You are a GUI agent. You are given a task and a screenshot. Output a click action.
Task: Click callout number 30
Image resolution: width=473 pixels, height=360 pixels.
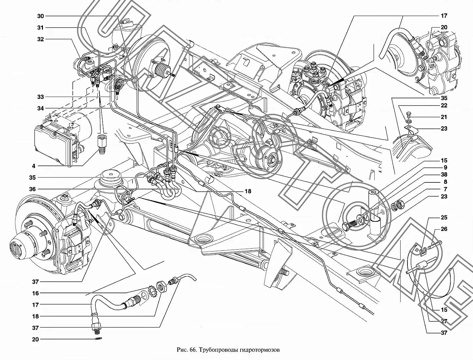pyautogui.click(x=40, y=16)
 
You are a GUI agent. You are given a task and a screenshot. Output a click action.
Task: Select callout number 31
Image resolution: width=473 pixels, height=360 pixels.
pyautogui.click(x=40, y=28)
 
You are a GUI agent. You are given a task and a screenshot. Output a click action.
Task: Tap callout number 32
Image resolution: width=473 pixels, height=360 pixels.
pyautogui.click(x=40, y=39)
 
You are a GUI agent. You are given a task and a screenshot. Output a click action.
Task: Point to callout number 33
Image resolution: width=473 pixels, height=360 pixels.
pyautogui.click(x=40, y=97)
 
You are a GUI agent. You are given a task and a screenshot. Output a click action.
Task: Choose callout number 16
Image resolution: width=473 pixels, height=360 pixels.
pyautogui.click(x=35, y=294)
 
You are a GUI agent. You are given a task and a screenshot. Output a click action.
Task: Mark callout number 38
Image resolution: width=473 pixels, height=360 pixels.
pyautogui.click(x=444, y=175)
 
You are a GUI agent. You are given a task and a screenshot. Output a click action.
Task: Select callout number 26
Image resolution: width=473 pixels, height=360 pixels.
pyautogui.click(x=444, y=229)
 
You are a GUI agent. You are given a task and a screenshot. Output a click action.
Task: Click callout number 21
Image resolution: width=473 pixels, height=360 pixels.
pyautogui.click(x=444, y=117)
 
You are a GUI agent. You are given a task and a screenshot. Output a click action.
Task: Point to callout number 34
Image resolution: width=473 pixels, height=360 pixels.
pyautogui.click(x=40, y=108)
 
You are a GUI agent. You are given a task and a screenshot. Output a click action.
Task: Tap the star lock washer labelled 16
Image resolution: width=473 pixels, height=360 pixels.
pyautogui.click(x=152, y=291)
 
